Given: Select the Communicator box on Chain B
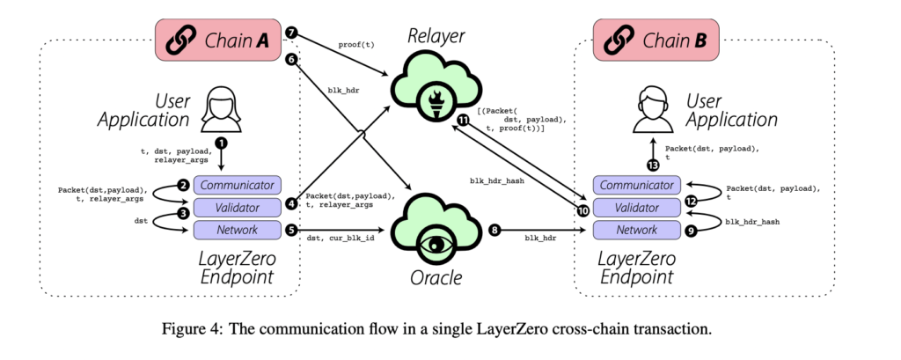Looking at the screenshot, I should click(x=637, y=186).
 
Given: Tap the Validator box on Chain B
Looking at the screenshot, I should click(x=637, y=208).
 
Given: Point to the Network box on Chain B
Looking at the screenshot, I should click(x=637, y=230).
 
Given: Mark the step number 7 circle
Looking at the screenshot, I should click(x=292, y=34).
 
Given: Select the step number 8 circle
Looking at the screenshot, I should click(x=495, y=230).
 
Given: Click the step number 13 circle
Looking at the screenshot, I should click(x=652, y=165).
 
